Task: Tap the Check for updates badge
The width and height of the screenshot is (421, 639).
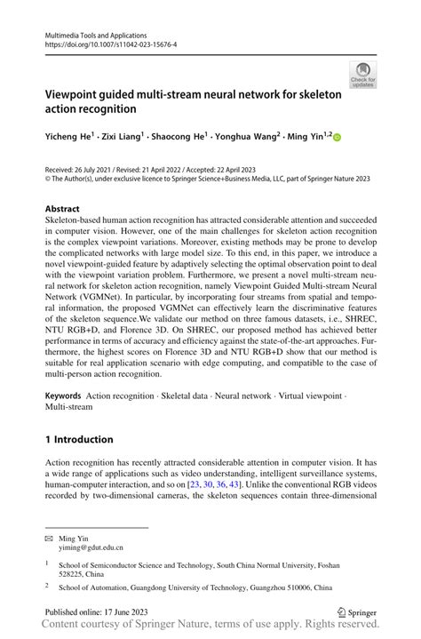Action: (363, 76)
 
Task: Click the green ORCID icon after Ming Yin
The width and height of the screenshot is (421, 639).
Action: (338, 137)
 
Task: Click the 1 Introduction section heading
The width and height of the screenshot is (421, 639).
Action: (79, 439)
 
